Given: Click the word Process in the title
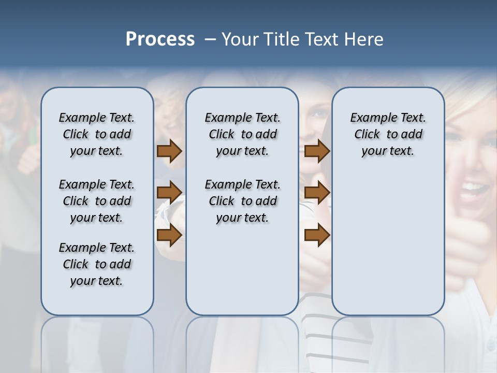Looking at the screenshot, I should click(x=160, y=39).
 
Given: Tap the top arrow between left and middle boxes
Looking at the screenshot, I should click(x=169, y=151).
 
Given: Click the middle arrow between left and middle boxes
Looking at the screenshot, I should click(x=169, y=193).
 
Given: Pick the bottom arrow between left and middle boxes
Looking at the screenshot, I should click(x=169, y=235).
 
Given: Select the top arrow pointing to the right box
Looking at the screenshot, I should click(x=317, y=151).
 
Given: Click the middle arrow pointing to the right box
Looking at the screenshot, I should click(x=317, y=193).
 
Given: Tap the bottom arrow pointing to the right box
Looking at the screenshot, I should click(x=317, y=235).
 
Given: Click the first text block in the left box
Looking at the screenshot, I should click(x=97, y=134).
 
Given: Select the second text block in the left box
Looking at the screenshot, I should click(x=97, y=201).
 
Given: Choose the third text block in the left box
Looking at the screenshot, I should click(x=97, y=264).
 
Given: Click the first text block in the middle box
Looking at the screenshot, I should click(x=242, y=134).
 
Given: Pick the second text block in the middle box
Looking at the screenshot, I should click(x=242, y=201).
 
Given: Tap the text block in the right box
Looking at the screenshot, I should click(x=388, y=134).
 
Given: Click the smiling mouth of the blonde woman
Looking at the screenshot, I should click(x=473, y=185).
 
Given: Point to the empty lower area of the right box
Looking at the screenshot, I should click(x=388, y=249).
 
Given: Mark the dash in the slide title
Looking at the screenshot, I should click(x=210, y=39).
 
